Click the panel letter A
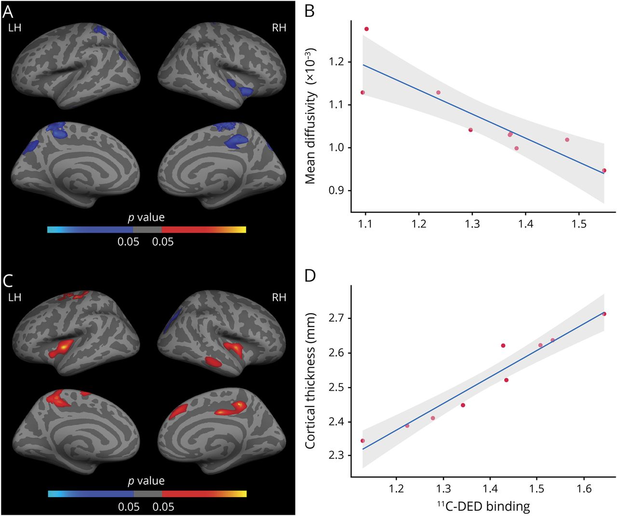(x=8, y=11)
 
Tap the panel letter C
(x=8, y=280)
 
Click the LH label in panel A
(x=15, y=27)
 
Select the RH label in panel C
(x=279, y=297)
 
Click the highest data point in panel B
(x=366, y=29)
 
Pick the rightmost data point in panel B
(x=604, y=171)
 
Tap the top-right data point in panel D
(x=604, y=314)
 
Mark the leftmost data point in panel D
(x=362, y=440)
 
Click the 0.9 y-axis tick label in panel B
(x=337, y=190)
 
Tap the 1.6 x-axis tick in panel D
(x=584, y=489)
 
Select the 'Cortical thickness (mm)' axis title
(x=310, y=381)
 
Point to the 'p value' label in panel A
(x=147, y=217)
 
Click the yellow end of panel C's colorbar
(x=243, y=494)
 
